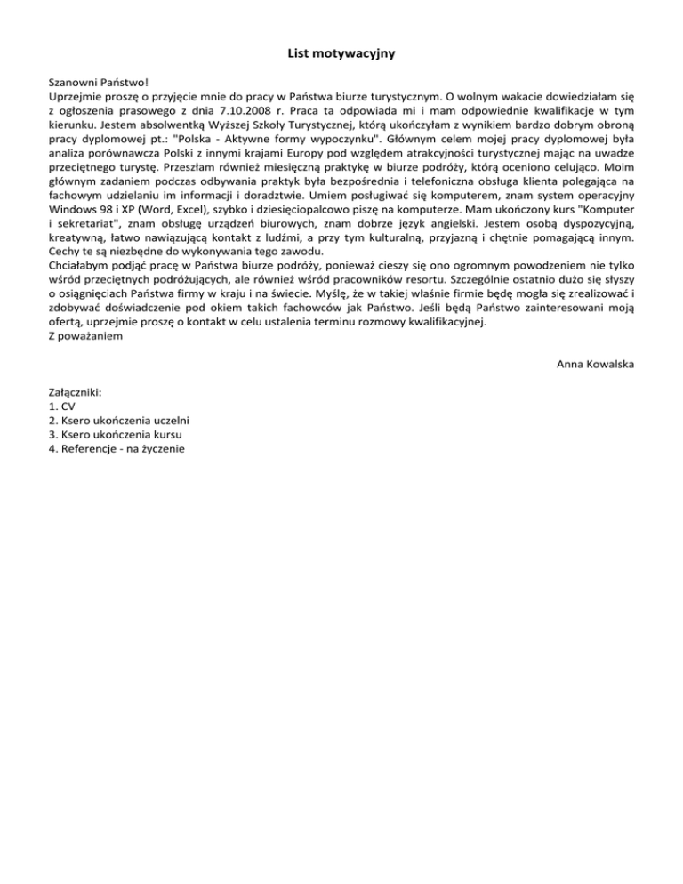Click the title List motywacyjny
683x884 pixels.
click(341, 54)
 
